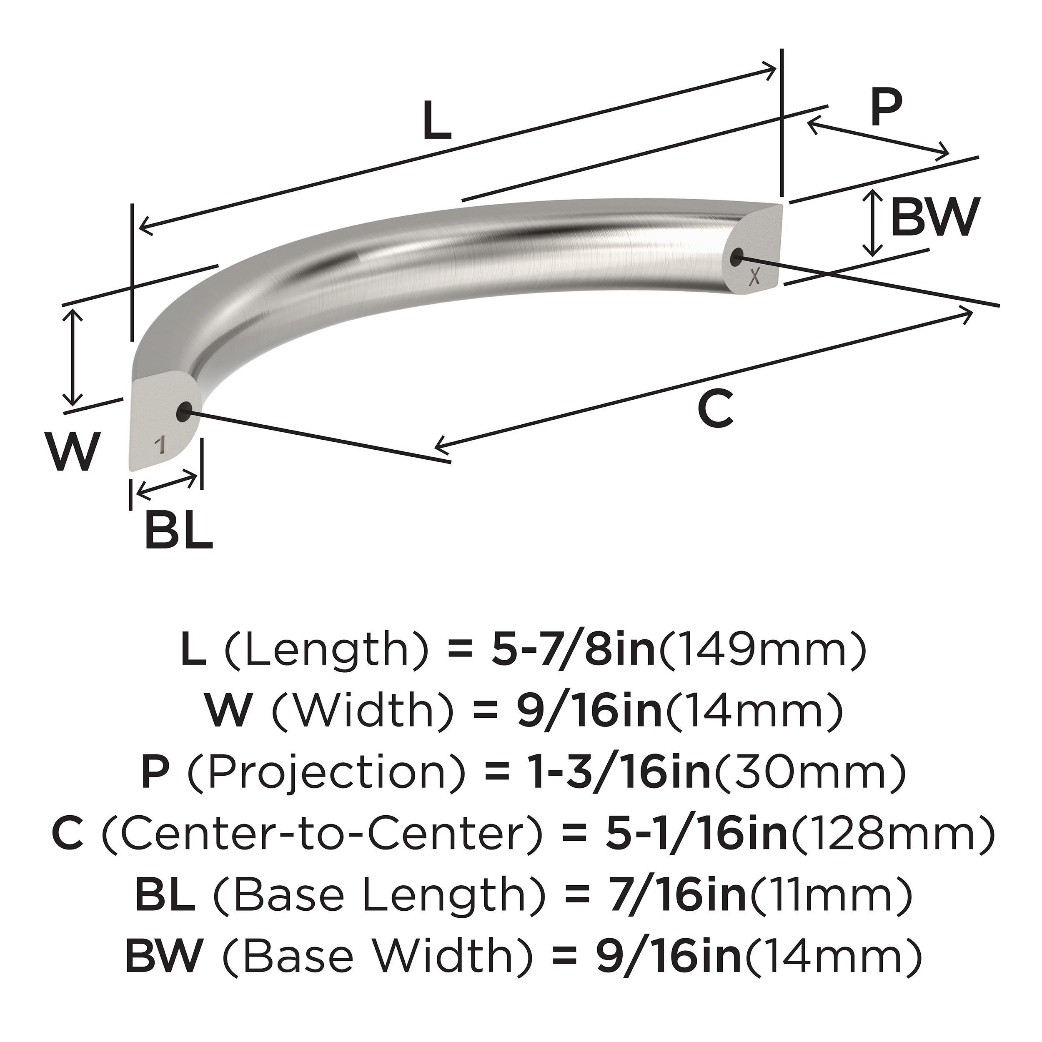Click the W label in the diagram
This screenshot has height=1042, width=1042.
pyautogui.click(x=73, y=451)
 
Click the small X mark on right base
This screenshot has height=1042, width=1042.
pyautogui.click(x=755, y=277)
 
